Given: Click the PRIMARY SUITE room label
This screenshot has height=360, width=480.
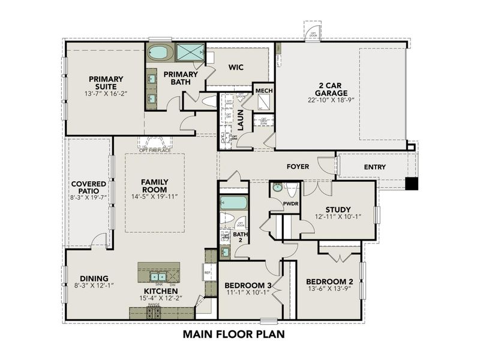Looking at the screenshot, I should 106,83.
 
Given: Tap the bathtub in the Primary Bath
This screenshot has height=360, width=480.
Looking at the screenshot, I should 160,52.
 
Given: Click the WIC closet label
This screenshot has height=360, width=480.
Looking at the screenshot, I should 235,67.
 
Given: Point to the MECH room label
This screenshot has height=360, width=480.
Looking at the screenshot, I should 264,91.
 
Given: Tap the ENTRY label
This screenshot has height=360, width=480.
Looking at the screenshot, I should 374,167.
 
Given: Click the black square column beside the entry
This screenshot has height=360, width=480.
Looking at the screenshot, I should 411,184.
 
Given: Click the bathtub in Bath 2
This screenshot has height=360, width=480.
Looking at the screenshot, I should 233,202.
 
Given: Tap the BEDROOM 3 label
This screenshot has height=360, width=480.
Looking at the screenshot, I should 248,285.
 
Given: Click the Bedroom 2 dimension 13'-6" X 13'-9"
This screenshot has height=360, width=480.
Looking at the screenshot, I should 329,290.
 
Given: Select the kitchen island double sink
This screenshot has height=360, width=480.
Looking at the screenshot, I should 158,277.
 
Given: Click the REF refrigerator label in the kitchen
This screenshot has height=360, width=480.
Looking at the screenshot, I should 208,272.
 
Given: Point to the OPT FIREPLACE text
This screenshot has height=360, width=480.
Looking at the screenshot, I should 155,150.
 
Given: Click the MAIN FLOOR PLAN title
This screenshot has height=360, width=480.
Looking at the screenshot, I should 233,334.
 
